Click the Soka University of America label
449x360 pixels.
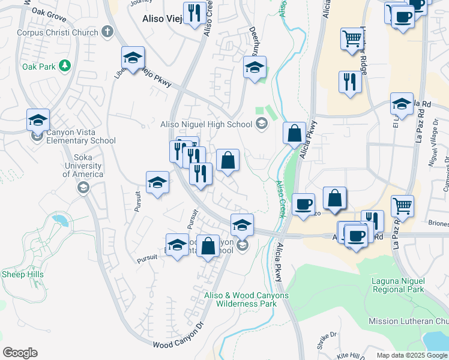[83, 166]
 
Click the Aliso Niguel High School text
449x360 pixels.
[207, 124]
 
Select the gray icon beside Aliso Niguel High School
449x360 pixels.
[261, 124]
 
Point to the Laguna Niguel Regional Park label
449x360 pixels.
[398, 284]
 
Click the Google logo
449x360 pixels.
[20, 353]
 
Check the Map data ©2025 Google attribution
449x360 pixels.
[411, 356]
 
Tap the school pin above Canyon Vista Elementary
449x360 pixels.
[38, 120]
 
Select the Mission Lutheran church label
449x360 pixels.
[408, 322]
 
